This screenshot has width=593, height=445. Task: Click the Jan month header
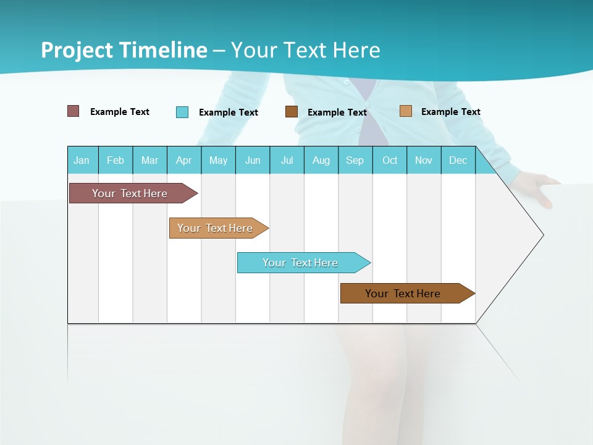pyautogui.click(x=82, y=160)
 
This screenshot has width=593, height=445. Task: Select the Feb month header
pyautogui.click(x=116, y=160)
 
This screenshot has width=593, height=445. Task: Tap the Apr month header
pyautogui.click(x=184, y=160)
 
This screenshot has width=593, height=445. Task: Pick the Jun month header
pyautogui.click(x=253, y=160)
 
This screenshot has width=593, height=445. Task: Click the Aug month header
pyautogui.click(x=321, y=160)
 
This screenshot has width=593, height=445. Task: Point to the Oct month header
pyautogui.click(x=390, y=160)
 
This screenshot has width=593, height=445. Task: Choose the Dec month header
pyautogui.click(x=458, y=160)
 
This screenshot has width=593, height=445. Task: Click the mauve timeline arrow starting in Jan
pyautogui.click(x=130, y=193)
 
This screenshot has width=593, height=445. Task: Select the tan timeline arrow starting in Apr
pyautogui.click(x=216, y=228)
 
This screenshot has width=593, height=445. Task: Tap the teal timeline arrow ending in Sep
pyautogui.click(x=301, y=263)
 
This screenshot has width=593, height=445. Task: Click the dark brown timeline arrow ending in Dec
pyautogui.click(x=403, y=294)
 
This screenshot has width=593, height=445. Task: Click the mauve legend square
pyautogui.click(x=74, y=111)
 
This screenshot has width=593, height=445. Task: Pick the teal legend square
pyautogui.click(x=182, y=112)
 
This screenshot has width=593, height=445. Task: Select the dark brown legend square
pyautogui.click(x=292, y=112)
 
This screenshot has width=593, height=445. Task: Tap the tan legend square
pyautogui.click(x=405, y=111)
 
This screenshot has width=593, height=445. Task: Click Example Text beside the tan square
pyautogui.click(x=450, y=112)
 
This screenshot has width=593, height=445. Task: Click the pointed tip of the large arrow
pyautogui.click(x=542, y=235)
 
